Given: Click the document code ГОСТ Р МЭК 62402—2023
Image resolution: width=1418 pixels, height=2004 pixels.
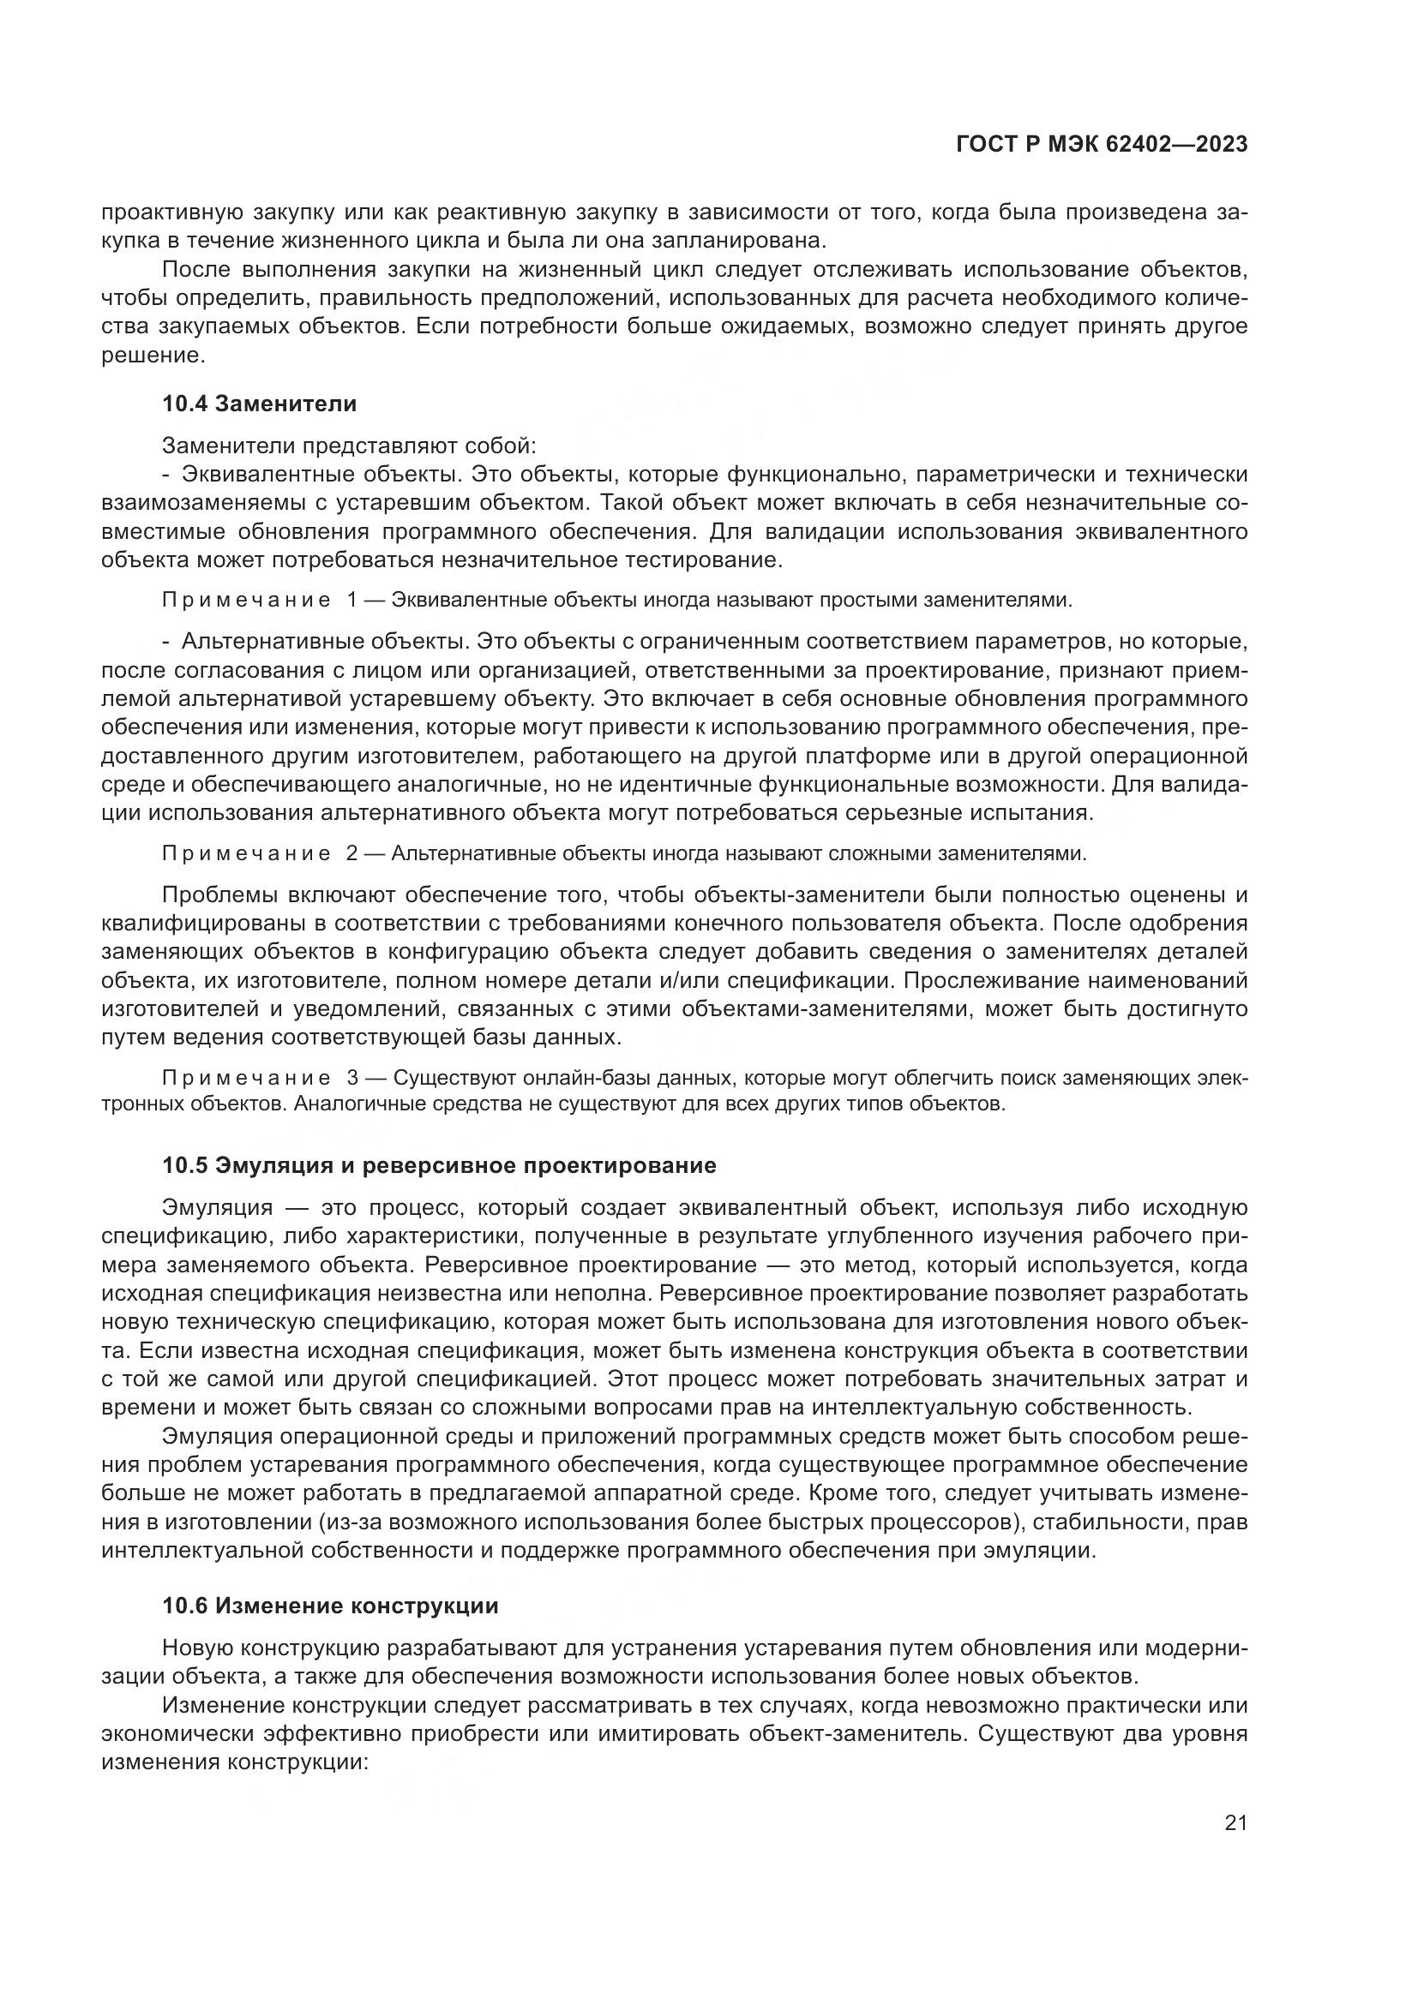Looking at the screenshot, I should tap(1102, 145).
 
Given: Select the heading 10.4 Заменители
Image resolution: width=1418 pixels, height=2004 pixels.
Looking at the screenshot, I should tap(259, 404).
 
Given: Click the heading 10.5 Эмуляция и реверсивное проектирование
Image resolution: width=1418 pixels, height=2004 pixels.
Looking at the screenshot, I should tap(439, 1165).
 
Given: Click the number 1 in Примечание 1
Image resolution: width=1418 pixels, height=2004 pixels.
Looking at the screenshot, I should tap(351, 601).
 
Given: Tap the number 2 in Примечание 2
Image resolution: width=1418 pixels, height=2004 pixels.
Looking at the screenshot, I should tap(351, 853).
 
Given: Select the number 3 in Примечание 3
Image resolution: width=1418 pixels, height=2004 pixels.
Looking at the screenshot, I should tap(351, 1079).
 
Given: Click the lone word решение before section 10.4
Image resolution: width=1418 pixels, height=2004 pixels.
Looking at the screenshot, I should tap(152, 356).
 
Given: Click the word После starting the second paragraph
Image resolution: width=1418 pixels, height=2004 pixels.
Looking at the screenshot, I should tap(198, 271).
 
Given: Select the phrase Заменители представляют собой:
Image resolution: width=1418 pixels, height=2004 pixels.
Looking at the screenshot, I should tap(348, 446).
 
